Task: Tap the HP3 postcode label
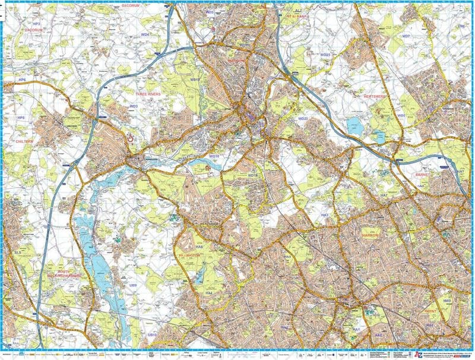(x=36, y=23)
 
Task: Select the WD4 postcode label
(x=145, y=35)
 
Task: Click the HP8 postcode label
(x=21, y=118)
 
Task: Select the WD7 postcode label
(x=406, y=37)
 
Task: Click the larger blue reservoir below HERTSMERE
(x=354, y=125)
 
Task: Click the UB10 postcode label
(x=152, y=335)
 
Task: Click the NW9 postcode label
(x=447, y=301)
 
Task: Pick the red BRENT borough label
(x=431, y=311)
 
